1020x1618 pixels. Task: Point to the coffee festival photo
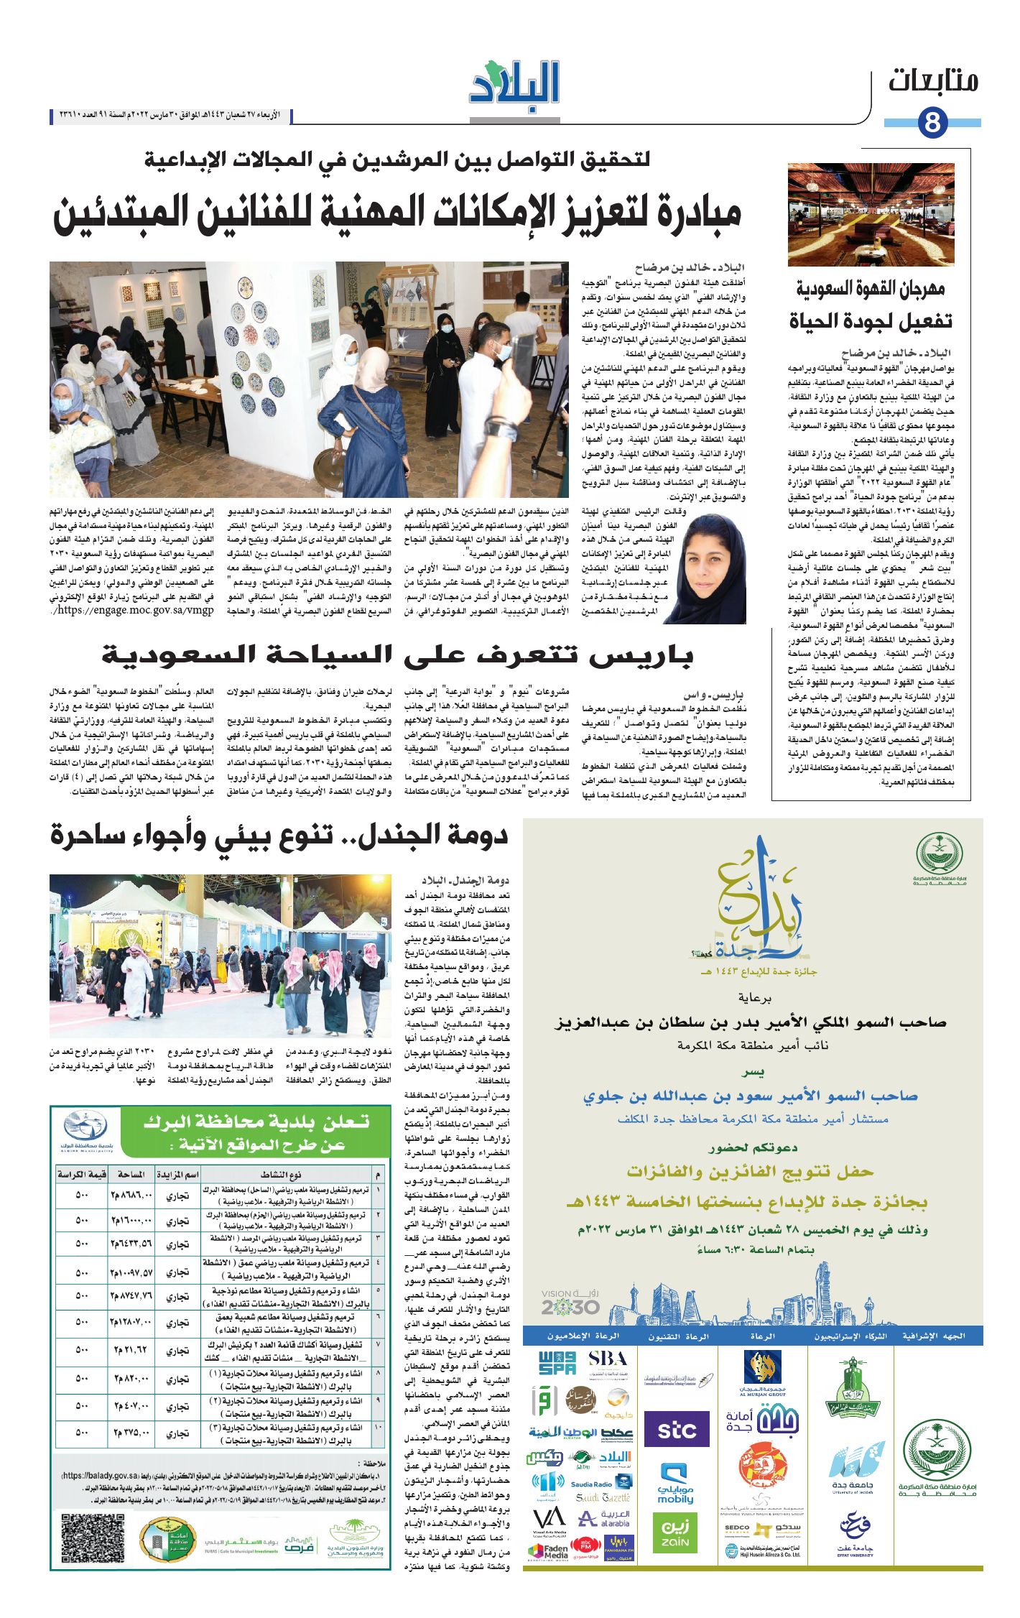871,214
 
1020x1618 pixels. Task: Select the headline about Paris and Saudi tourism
397,655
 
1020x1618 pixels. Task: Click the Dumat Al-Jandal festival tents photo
220,956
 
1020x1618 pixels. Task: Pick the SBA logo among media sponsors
607,1359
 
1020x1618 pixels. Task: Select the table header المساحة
131,1174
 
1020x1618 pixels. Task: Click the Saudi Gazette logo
603,1497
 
